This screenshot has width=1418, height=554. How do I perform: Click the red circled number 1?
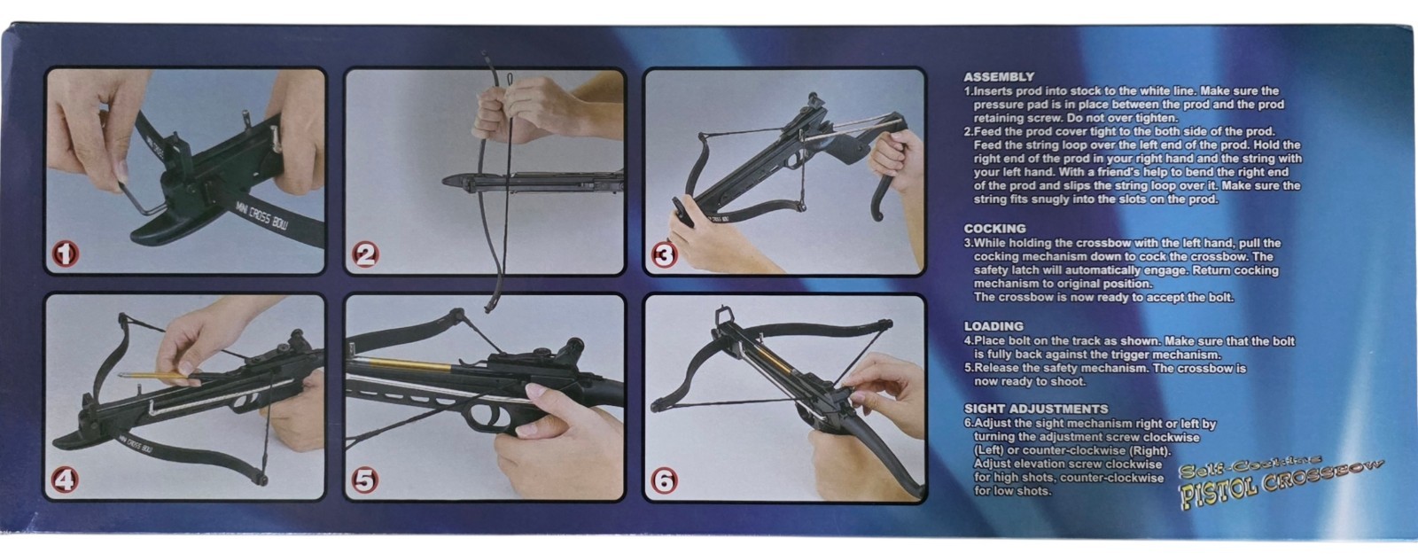click(65, 254)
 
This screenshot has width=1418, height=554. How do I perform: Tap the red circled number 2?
click(365, 254)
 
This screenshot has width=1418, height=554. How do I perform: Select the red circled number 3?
click(664, 256)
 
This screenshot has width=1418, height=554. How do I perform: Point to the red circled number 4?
click(65, 480)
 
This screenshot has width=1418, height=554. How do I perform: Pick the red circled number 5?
click(365, 480)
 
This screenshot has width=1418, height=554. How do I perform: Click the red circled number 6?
click(664, 481)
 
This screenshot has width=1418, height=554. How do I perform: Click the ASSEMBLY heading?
click(998, 77)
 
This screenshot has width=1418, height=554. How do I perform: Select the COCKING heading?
click(994, 229)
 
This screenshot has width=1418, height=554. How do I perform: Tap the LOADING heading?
click(993, 327)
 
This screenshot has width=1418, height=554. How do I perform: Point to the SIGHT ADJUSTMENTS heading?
click(1036, 409)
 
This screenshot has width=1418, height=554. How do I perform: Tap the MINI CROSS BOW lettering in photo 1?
click(261, 215)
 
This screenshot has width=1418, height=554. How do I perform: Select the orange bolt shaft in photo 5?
click(405, 365)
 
